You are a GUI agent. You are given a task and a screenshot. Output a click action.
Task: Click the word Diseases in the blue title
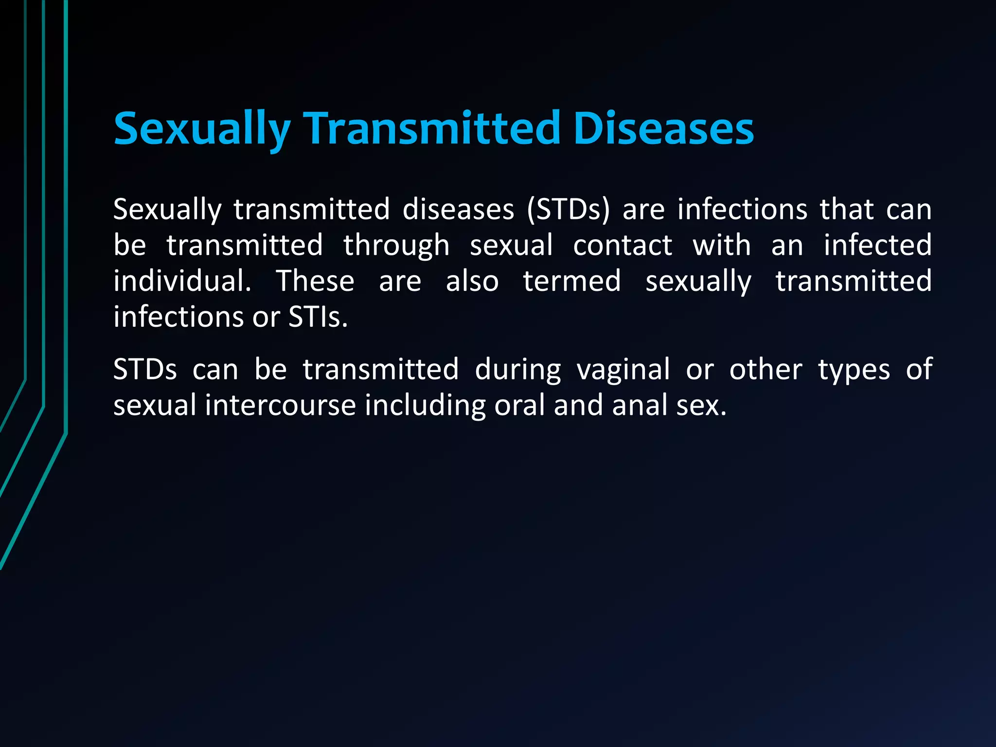click(663, 128)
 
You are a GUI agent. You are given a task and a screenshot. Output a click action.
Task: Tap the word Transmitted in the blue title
click(431, 128)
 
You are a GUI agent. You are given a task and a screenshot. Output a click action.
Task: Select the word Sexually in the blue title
click(202, 129)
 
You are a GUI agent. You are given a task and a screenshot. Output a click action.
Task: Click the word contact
click(622, 245)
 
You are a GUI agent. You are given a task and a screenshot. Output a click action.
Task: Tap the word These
click(315, 281)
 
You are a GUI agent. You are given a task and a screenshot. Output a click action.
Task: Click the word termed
click(572, 281)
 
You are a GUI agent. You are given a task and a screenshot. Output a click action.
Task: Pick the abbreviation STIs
click(318, 317)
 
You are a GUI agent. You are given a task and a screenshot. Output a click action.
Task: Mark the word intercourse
click(281, 406)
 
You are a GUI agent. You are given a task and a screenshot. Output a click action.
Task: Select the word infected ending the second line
click(877, 245)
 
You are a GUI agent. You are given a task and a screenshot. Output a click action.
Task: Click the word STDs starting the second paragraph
click(145, 370)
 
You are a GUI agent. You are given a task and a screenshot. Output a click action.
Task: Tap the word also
click(472, 281)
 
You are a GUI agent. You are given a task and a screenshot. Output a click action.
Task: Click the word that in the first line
click(847, 210)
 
